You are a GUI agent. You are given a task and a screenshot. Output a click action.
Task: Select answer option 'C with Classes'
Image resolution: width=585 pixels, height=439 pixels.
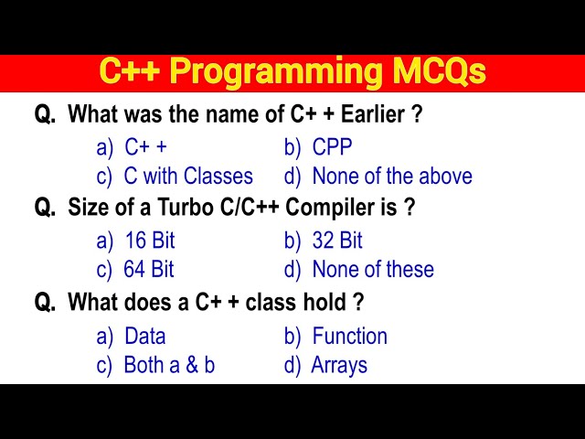click(188, 176)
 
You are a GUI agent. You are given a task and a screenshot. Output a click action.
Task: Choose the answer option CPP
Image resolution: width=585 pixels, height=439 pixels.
click(332, 147)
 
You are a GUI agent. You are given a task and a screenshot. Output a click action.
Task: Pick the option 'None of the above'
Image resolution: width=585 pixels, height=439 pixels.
click(392, 176)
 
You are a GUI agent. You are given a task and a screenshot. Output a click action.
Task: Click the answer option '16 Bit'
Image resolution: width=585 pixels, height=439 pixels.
click(150, 241)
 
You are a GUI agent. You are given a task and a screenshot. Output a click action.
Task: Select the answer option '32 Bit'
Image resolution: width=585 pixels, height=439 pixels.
click(337, 241)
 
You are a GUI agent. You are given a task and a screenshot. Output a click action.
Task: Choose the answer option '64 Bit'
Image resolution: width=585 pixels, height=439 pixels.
click(149, 270)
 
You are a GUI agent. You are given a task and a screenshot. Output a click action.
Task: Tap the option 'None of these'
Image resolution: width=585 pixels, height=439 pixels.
click(373, 270)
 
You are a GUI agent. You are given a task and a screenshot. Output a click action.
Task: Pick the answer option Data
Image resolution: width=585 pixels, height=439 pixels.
click(145, 336)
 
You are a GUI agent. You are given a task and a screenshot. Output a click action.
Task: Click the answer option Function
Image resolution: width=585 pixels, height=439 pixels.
click(350, 336)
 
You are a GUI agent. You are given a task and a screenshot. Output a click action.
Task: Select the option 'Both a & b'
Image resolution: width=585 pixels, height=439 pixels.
click(169, 365)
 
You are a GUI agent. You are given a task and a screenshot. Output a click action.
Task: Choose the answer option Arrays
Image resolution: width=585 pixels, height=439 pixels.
click(339, 365)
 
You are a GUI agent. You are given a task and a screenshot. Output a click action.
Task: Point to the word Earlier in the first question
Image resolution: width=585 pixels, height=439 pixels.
click(369, 115)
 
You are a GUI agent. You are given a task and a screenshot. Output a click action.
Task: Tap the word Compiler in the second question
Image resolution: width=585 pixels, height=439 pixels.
click(331, 208)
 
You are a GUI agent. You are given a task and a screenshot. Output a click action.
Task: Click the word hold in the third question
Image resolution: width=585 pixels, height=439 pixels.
click(326, 302)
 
